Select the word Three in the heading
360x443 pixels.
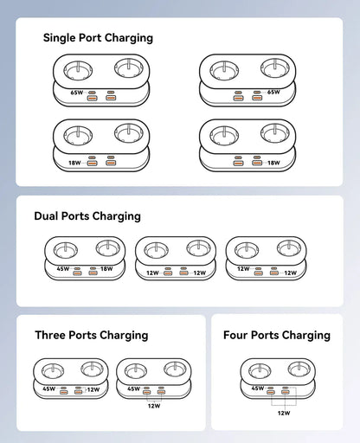pyautogui.click(x=54, y=335)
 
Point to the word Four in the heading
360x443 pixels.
pyautogui.click(x=236, y=335)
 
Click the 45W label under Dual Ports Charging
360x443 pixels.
pyautogui.click(x=63, y=269)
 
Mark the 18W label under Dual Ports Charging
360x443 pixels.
pyautogui.click(x=107, y=269)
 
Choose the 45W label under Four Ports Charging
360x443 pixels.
pyautogui.click(x=257, y=388)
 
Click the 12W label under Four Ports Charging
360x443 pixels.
pyautogui.click(x=283, y=414)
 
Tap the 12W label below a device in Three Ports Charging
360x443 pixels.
pyautogui.click(x=154, y=405)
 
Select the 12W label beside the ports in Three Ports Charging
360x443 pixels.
pyautogui.click(x=93, y=389)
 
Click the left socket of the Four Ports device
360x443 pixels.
pyautogui.click(x=259, y=370)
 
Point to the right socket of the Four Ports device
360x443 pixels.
pyautogui.click(x=297, y=370)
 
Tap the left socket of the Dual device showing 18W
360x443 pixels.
pyautogui.click(x=66, y=249)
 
